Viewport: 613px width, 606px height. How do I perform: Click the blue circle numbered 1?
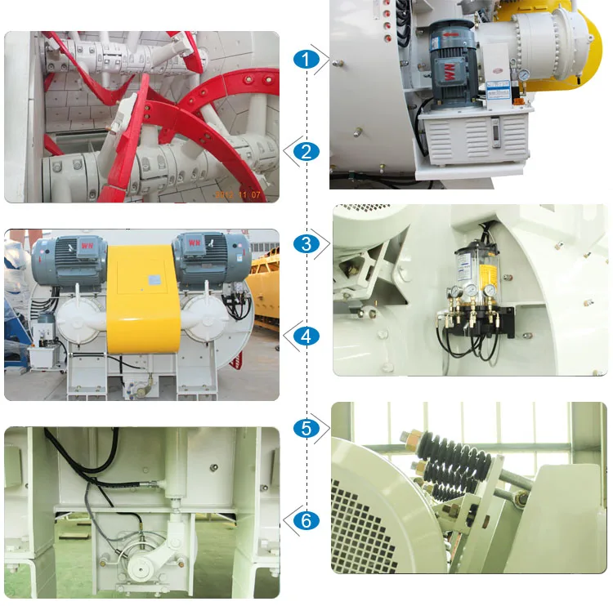point(306,59)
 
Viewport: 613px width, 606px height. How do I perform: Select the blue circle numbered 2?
point(306,151)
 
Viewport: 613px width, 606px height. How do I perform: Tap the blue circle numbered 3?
point(306,243)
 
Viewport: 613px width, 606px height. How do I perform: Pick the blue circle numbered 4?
point(306,336)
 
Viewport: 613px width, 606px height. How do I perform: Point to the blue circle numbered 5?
point(306,428)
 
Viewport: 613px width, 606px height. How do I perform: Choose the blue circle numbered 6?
point(306,520)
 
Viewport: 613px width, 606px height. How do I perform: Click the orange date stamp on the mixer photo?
point(239,195)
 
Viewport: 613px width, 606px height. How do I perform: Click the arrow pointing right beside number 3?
point(324,243)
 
